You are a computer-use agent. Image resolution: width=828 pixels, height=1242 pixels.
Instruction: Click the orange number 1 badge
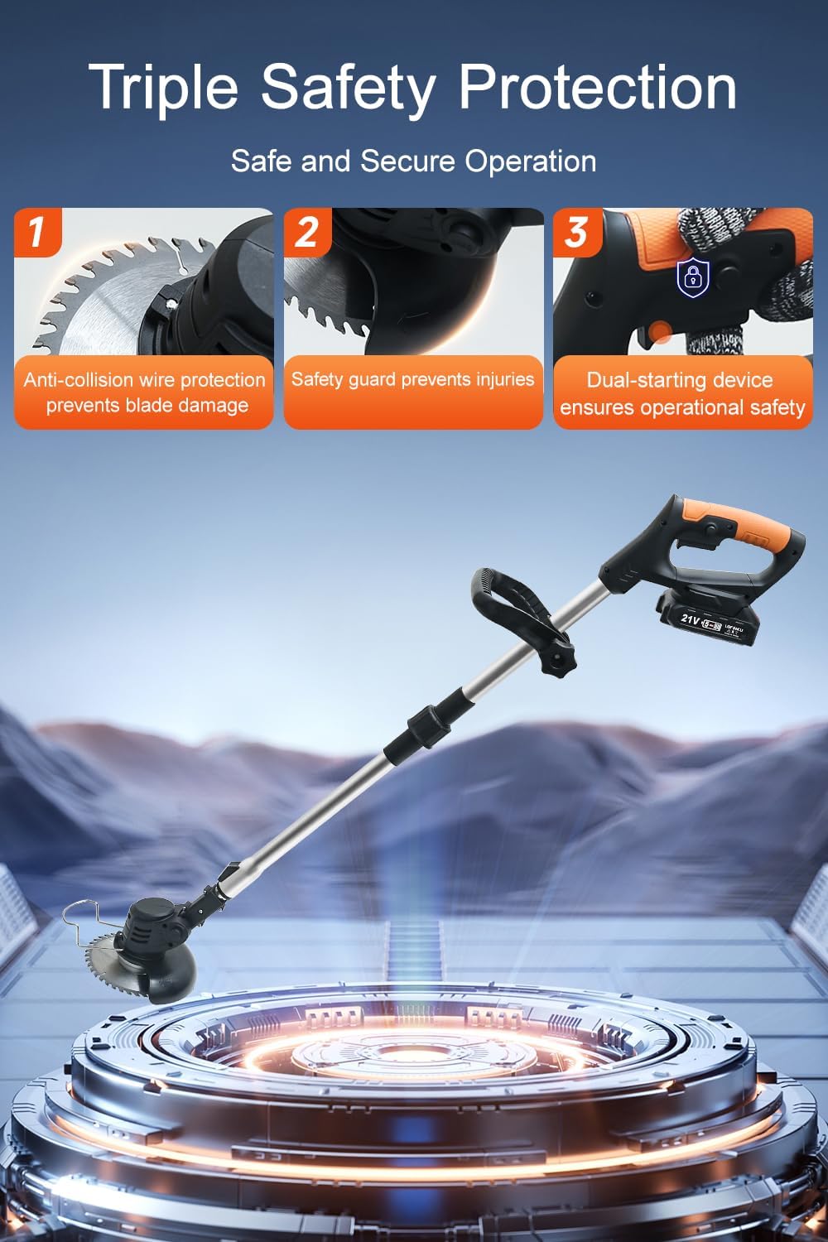tap(37, 231)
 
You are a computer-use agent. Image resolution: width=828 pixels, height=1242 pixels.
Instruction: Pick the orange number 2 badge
tap(307, 231)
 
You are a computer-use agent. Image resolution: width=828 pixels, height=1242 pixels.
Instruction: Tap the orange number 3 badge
tap(576, 231)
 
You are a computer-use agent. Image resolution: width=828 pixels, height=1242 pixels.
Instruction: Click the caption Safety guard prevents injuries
tap(412, 379)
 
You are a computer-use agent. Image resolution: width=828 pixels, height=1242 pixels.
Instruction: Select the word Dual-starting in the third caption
tap(638, 380)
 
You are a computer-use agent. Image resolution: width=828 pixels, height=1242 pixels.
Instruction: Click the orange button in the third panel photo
tap(659, 333)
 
